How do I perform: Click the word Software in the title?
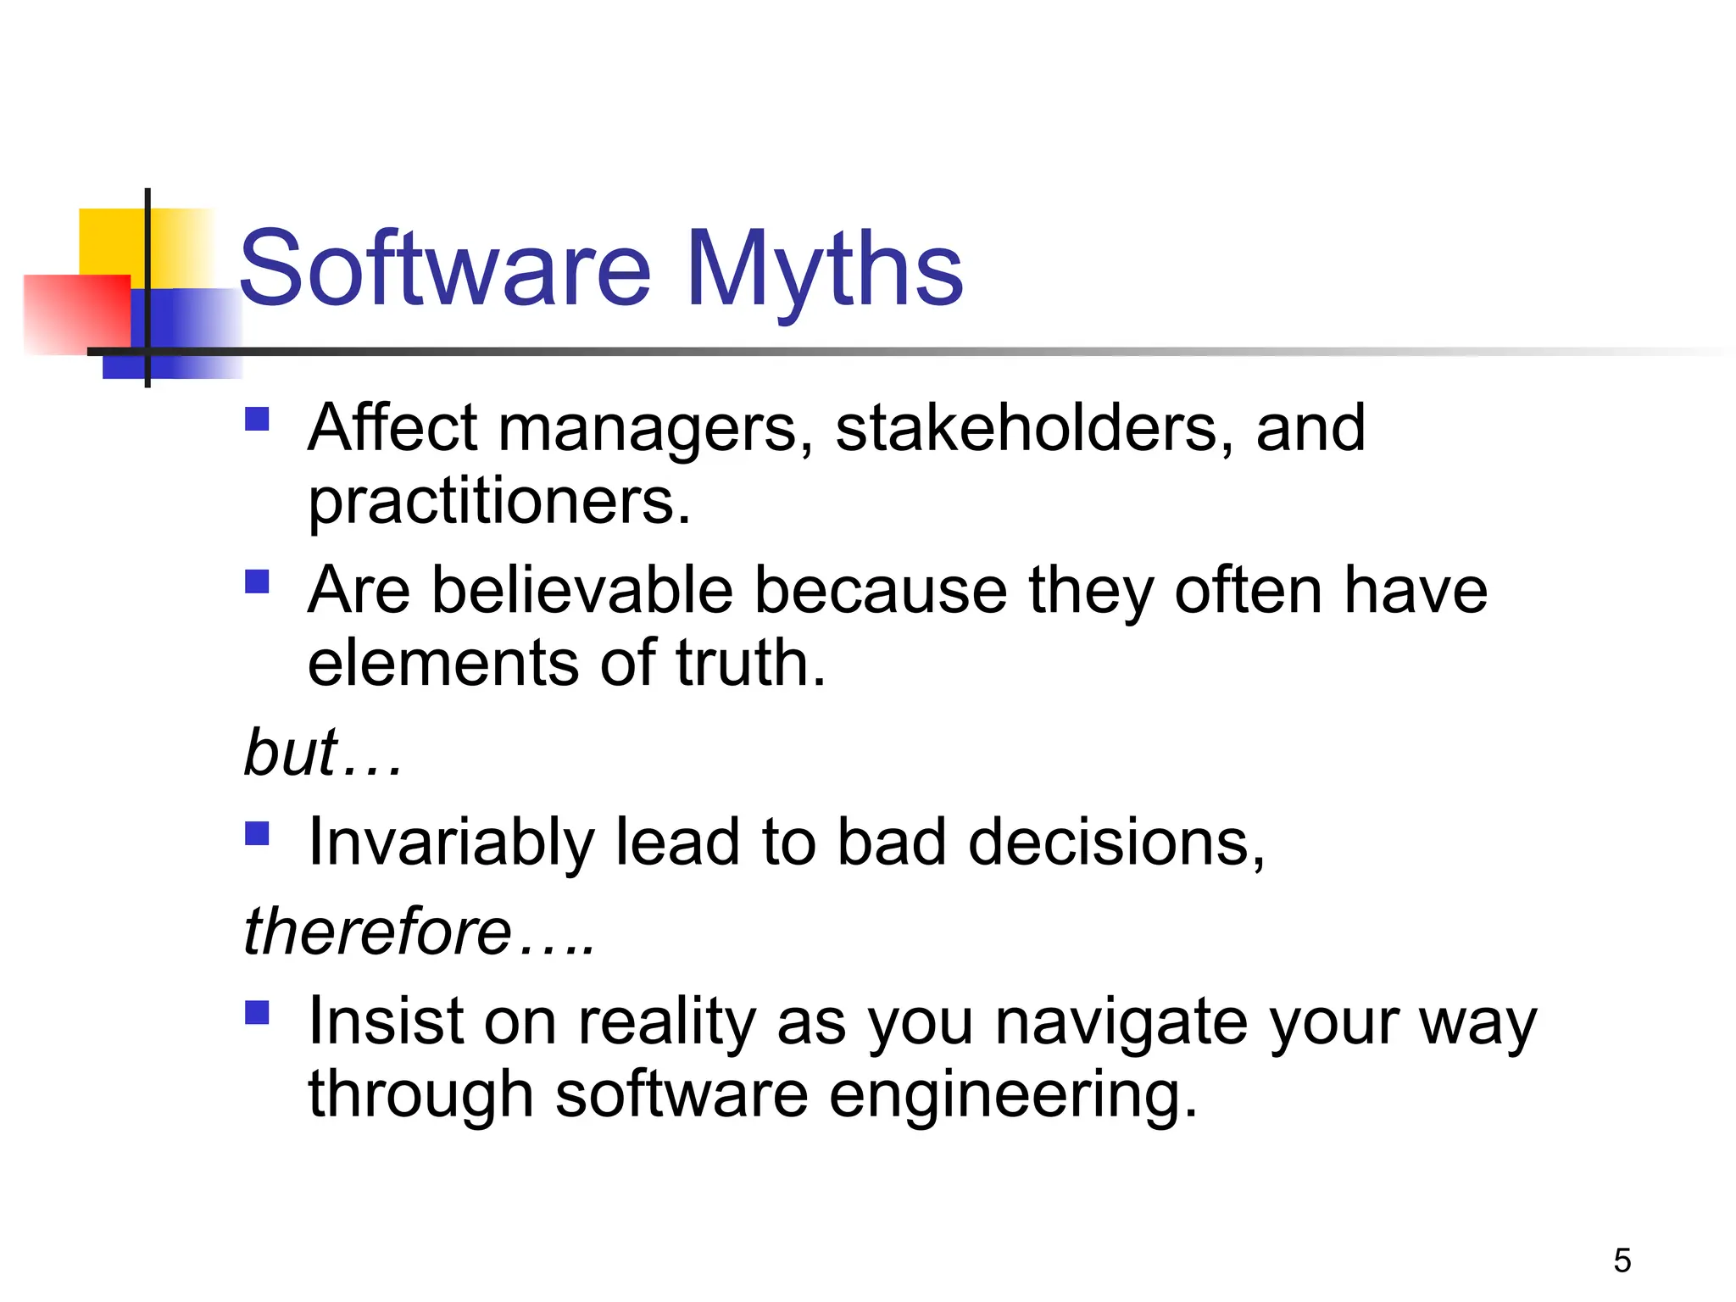point(445,270)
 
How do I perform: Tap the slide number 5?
point(1622,1260)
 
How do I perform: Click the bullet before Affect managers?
point(257,420)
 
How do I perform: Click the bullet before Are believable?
point(257,581)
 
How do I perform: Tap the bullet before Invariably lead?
point(257,834)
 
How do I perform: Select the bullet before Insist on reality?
point(257,1013)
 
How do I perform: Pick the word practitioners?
point(498,502)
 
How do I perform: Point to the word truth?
point(749,663)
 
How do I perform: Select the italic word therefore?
point(377,932)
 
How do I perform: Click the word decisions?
point(1116,843)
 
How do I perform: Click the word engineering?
point(1012,1095)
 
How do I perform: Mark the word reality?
point(666,1023)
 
